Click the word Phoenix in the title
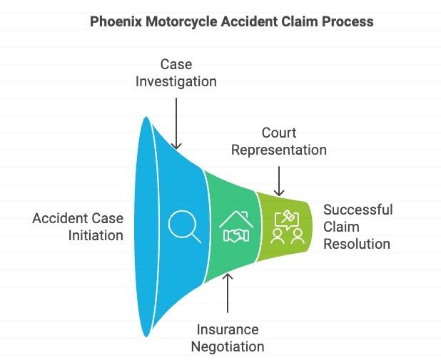click(x=115, y=22)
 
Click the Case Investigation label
click(x=176, y=73)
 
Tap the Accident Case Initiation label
click(x=78, y=227)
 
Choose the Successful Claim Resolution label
click(x=357, y=227)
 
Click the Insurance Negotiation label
click(x=228, y=338)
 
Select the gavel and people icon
click(x=288, y=227)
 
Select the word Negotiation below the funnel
click(x=228, y=347)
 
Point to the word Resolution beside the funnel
click(x=357, y=244)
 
